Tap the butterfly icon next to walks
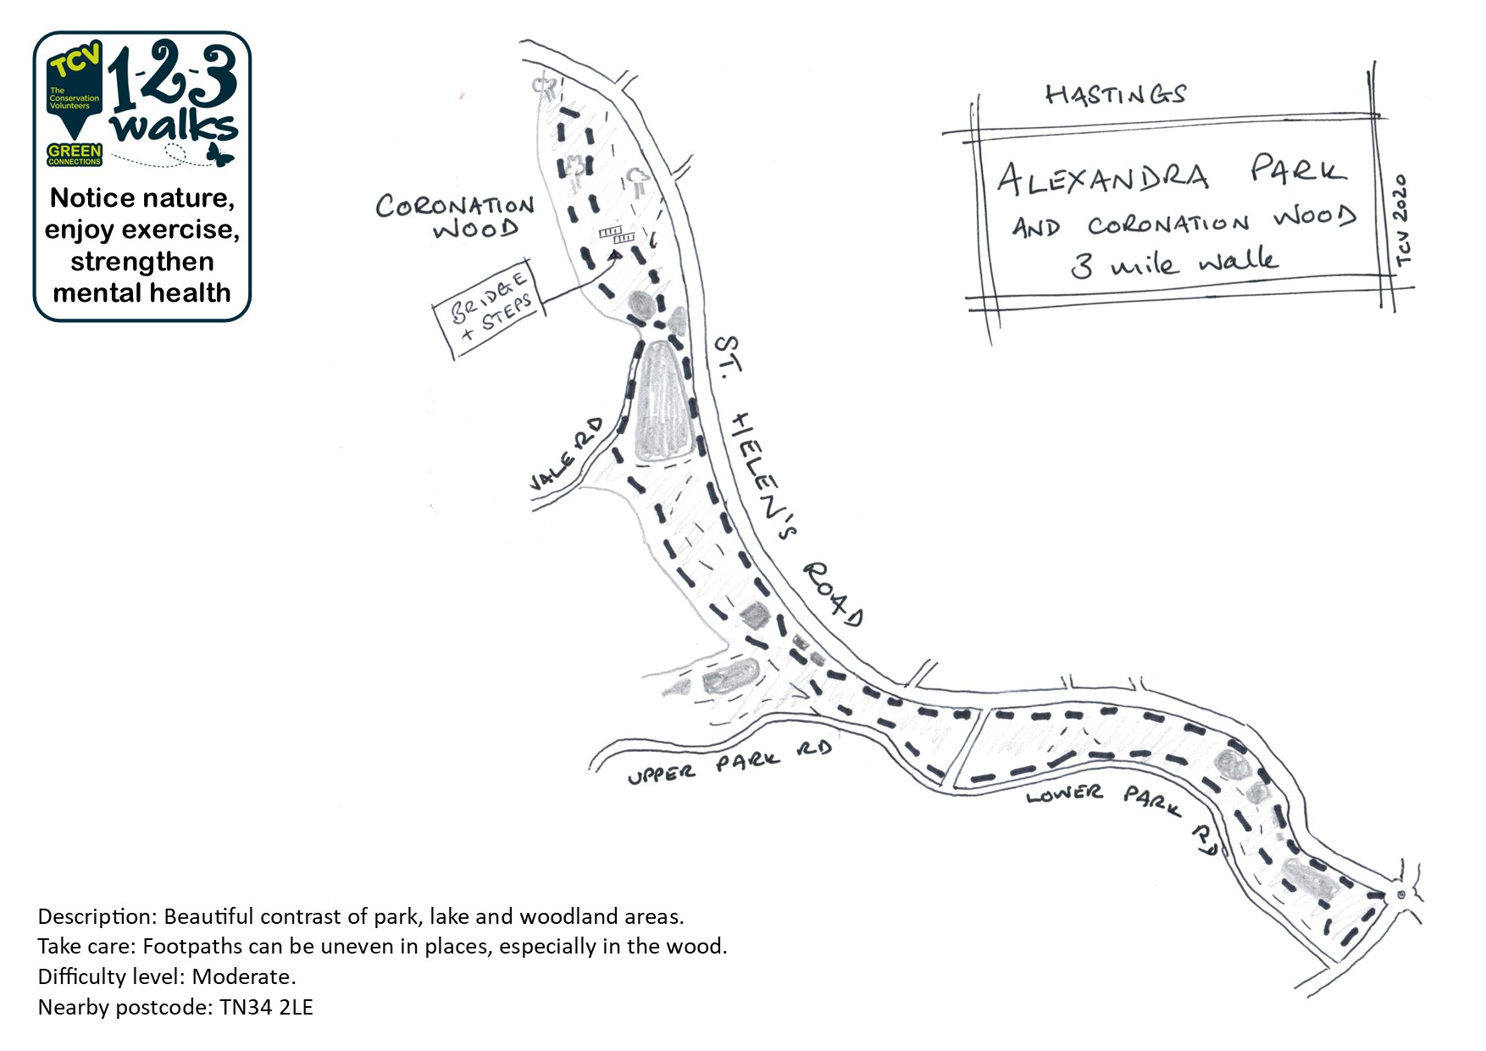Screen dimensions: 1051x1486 (x=219, y=154)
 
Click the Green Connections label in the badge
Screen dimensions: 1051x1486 (x=75, y=154)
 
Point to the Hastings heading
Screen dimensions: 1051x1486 (x=1115, y=94)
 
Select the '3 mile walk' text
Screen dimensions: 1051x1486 (x=1174, y=262)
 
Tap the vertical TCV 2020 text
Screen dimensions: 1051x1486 (x=1402, y=220)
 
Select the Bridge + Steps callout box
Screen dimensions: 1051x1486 (x=490, y=309)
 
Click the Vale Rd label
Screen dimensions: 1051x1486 (x=565, y=454)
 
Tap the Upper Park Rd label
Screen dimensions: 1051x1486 (x=729, y=764)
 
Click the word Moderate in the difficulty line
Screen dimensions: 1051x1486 (x=243, y=976)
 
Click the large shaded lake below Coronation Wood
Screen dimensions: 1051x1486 (x=662, y=403)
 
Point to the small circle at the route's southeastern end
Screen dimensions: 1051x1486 (x=1400, y=894)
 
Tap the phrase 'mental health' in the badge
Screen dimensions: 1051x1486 (x=141, y=293)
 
